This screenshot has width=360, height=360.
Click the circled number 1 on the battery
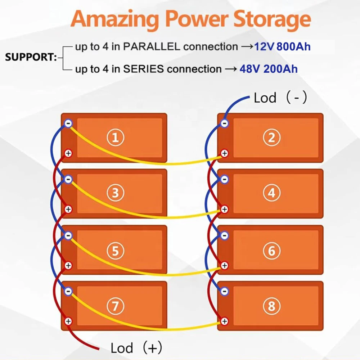tap(116, 138)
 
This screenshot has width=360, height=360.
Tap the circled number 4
tap(271, 193)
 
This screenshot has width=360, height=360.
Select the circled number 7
tap(116, 306)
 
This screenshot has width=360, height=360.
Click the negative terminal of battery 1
tap(68, 123)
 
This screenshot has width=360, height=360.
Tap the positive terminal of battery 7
tap(68, 321)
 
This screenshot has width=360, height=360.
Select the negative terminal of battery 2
tap(224, 123)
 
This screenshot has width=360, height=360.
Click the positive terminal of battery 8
tap(224, 321)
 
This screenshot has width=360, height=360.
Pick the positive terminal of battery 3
tap(68, 209)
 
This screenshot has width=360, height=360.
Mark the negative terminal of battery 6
tap(224, 235)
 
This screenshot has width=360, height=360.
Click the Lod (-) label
tap(280, 98)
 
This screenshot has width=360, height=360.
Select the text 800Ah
tap(293, 46)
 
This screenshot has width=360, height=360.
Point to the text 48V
tap(250, 69)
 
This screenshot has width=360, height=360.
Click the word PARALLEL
tap(153, 47)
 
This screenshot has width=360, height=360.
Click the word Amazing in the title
tap(114, 20)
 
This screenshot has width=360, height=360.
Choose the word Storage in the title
tap(271, 20)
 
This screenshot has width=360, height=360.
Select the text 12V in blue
tap(265, 46)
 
